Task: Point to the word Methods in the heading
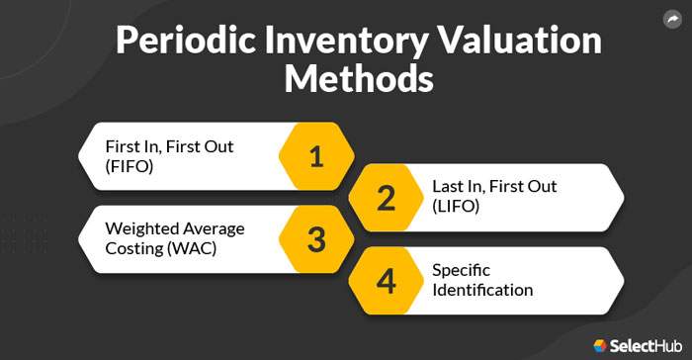(359, 79)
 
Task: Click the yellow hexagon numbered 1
(316, 156)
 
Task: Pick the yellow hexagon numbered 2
(386, 198)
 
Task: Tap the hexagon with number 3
(316, 239)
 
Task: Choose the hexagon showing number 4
(386, 281)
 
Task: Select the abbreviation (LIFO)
(456, 207)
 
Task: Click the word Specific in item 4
(460, 270)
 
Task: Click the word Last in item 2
(447, 186)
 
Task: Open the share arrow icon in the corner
(672, 18)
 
